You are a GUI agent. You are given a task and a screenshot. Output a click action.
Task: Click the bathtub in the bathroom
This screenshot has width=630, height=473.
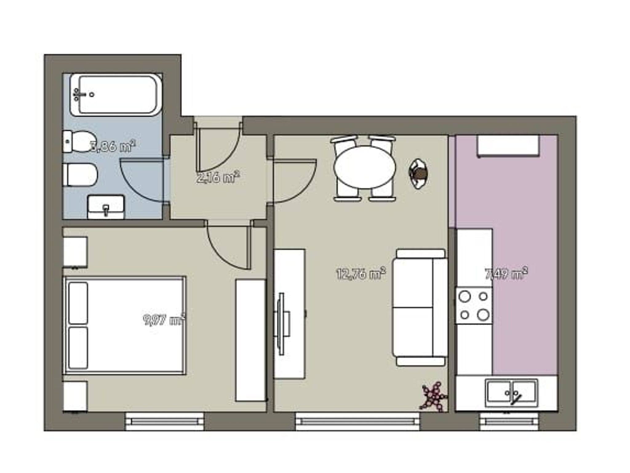(x=115, y=94)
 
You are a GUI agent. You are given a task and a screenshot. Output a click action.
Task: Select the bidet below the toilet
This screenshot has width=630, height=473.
(x=80, y=175)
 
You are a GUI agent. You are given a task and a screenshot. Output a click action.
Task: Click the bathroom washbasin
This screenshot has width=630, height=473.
(x=106, y=207)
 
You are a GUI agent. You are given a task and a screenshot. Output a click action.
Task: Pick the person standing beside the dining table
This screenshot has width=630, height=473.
(x=419, y=174)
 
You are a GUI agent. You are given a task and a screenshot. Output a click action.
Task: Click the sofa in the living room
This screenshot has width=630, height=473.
(x=420, y=307)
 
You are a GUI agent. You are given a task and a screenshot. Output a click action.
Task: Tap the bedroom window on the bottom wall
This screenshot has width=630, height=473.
(x=165, y=421)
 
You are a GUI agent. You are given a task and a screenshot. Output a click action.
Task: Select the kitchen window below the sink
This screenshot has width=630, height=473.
(x=509, y=421)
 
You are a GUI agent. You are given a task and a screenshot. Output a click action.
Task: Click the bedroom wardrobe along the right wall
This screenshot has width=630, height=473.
(x=251, y=340)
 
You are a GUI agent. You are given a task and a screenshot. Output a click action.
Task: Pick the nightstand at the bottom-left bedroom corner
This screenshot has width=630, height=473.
(x=75, y=396)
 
